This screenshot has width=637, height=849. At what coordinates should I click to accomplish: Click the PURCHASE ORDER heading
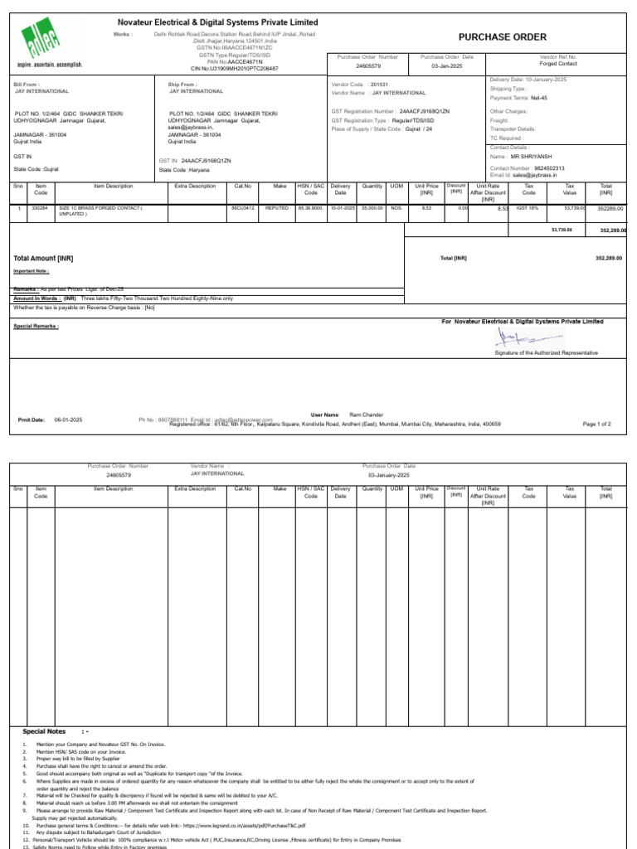click(x=502, y=37)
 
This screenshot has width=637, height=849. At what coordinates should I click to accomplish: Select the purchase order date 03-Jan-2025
click(x=446, y=65)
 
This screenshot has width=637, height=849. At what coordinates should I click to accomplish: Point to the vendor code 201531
click(x=379, y=85)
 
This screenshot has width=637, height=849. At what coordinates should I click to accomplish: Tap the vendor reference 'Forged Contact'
click(x=557, y=63)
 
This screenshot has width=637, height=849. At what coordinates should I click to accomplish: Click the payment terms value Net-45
click(x=538, y=98)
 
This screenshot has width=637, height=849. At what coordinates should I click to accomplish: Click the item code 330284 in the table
click(x=40, y=208)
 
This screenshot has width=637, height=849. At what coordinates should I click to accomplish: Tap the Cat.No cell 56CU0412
click(x=243, y=208)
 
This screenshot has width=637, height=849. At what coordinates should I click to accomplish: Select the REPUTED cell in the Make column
click(x=276, y=208)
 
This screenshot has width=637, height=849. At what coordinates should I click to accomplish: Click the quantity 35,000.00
click(x=372, y=208)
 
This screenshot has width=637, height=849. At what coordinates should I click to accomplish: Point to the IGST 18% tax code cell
click(x=529, y=208)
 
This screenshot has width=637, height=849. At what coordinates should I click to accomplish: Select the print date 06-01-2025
click(x=69, y=420)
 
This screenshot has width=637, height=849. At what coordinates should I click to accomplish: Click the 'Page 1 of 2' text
click(x=597, y=424)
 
